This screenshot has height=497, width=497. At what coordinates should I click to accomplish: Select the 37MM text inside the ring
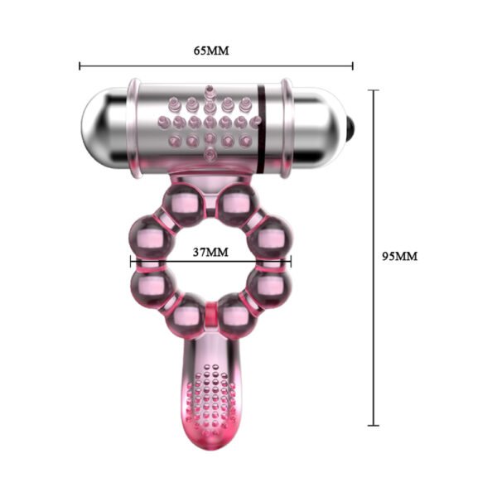pos(210,251)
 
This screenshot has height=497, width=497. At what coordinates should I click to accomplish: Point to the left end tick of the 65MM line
pos(80,66)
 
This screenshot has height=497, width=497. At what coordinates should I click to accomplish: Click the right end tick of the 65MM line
pos(353,66)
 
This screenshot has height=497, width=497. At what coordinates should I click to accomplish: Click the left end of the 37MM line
pos(131,263)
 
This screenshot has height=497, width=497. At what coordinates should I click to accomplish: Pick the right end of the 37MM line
pos(291,263)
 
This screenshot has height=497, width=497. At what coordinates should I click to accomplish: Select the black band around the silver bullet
pos(263,128)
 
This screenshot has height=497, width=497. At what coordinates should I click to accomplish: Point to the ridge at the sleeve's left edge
pos(133,128)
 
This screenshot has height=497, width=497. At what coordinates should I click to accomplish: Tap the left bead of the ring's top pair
pos(190,201)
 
